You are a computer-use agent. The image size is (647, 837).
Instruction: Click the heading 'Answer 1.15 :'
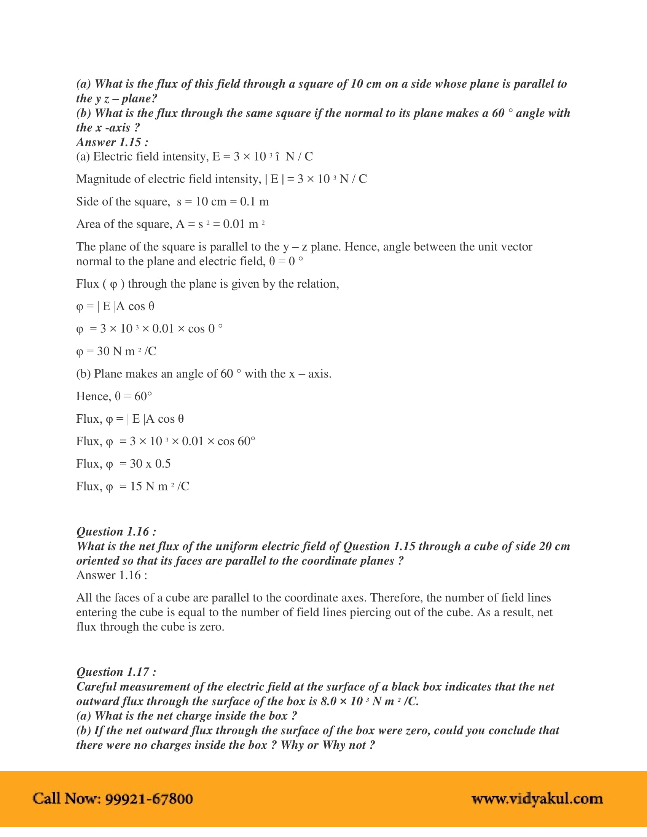112,142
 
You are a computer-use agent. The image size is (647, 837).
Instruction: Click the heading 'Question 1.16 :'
116,531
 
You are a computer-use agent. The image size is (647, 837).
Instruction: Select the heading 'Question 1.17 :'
116,672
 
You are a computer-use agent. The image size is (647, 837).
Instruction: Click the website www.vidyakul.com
537,798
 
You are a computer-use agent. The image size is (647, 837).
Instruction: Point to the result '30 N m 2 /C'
126,351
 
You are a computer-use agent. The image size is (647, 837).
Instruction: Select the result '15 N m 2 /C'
159,486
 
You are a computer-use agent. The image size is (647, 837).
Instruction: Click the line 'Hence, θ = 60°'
114,396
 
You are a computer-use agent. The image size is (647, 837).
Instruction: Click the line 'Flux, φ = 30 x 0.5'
123,464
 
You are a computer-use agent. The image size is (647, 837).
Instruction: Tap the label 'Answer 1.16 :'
112,575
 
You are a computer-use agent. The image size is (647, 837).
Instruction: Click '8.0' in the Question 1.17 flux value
329,701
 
